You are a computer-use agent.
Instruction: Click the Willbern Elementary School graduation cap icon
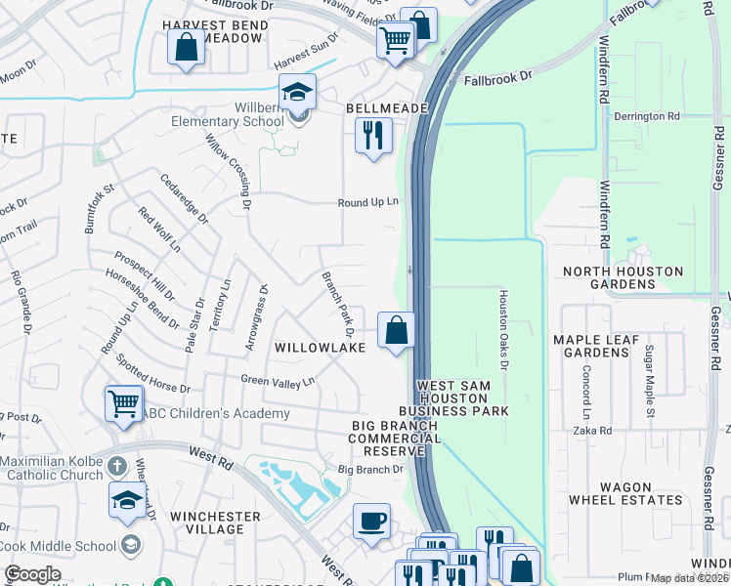[x=298, y=94]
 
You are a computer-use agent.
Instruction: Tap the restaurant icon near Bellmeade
[x=373, y=136]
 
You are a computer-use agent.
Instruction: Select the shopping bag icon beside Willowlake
[x=397, y=329]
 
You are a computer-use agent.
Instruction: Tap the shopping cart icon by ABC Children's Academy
[x=124, y=403]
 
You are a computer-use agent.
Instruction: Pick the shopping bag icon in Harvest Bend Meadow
[x=186, y=47]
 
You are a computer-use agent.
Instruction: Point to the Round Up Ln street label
[x=368, y=202]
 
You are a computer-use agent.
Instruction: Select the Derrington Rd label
[x=646, y=116]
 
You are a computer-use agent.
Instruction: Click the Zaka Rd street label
[x=592, y=430]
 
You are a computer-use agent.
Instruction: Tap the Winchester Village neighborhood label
[x=215, y=523]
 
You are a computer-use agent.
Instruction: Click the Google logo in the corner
[x=32, y=574]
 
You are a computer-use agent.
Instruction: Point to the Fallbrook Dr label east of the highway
[x=498, y=76]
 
